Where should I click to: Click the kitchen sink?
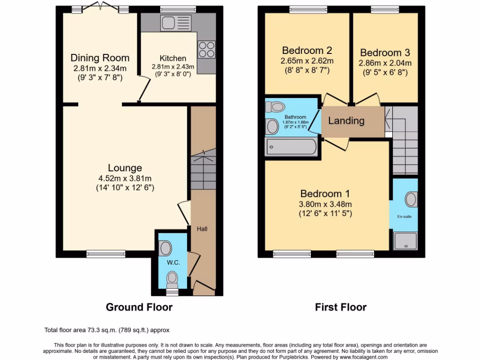[x=175, y=22]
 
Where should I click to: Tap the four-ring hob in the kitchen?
[x=206, y=49]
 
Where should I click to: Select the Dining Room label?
[x=100, y=58]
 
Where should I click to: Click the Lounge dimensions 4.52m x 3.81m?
[x=125, y=178]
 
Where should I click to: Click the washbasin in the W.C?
[x=165, y=247]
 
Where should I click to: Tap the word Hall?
[x=202, y=229]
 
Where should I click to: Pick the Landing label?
[x=346, y=121]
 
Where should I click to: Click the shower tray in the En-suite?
[x=405, y=241]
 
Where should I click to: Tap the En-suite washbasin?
[x=411, y=200]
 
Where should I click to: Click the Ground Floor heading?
[x=139, y=307]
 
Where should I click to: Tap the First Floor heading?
[x=341, y=307]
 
